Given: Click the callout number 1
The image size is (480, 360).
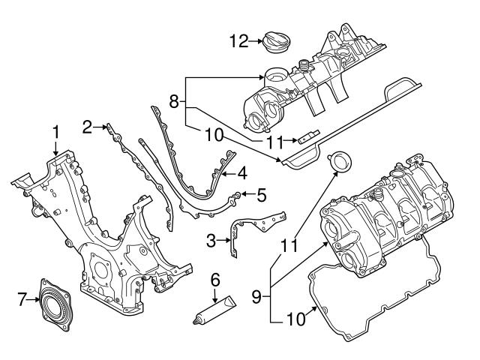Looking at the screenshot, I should [x=55, y=133].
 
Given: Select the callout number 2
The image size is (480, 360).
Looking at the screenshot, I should [x=88, y=126].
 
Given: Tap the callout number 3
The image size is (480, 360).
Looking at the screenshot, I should [x=211, y=240].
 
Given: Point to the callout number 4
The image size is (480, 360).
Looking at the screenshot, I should [x=241, y=172].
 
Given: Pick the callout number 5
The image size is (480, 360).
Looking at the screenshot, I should [x=261, y=196].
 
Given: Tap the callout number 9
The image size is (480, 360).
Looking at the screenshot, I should [x=256, y=296].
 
